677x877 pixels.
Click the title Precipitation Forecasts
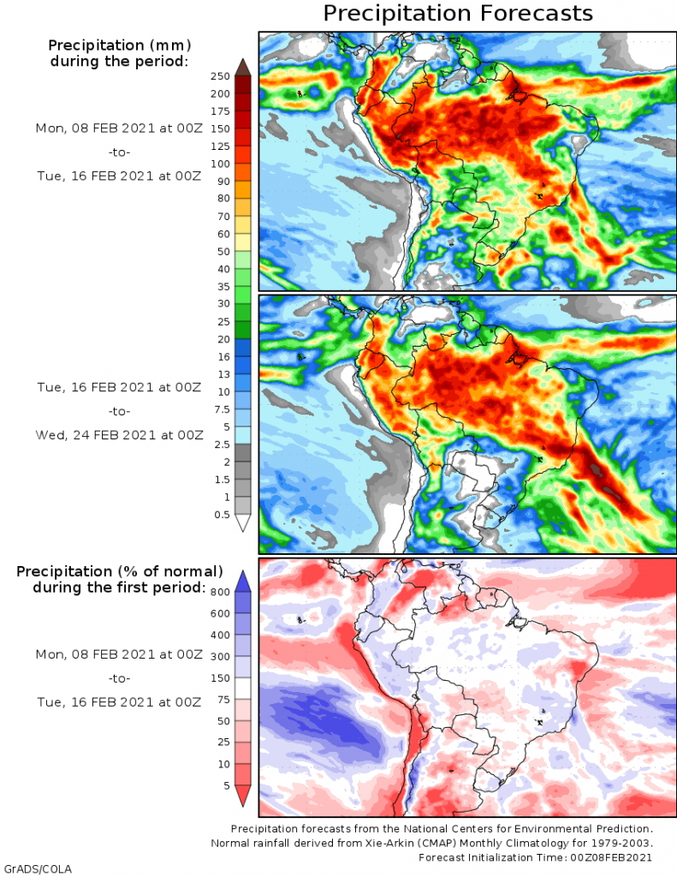pyautogui.click(x=458, y=14)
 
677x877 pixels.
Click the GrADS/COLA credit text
pyautogui.click(x=38, y=869)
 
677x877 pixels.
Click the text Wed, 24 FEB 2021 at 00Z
pyautogui.click(x=119, y=434)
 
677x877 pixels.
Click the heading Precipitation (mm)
pyautogui.click(x=119, y=45)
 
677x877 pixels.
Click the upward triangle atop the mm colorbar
pyautogui.click(x=242, y=67)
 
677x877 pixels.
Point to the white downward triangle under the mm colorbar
pyautogui.click(x=242, y=523)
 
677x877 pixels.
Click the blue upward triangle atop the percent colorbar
pyautogui.click(x=242, y=580)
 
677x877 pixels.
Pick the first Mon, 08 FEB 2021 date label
pyautogui.click(x=119, y=128)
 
